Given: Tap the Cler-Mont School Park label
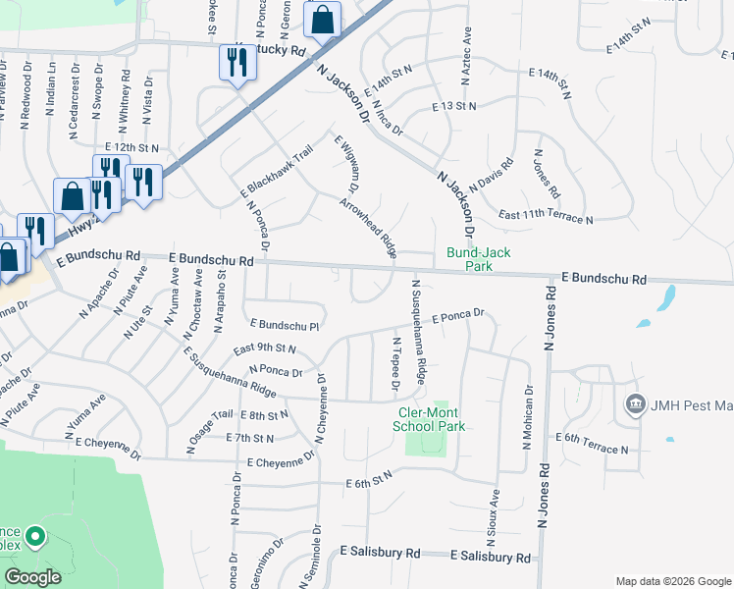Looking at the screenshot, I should point(428,419).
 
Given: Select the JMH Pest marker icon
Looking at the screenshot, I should point(635,404).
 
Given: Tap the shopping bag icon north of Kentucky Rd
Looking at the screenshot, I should point(321,19).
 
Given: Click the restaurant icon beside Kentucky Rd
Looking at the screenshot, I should point(236,64).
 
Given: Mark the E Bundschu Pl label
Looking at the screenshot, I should point(287,323).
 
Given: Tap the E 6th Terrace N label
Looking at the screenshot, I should point(592,442).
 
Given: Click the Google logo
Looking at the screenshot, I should point(32,577).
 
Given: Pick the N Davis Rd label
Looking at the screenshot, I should point(492,175).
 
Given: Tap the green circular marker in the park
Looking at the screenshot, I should point(35,537).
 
